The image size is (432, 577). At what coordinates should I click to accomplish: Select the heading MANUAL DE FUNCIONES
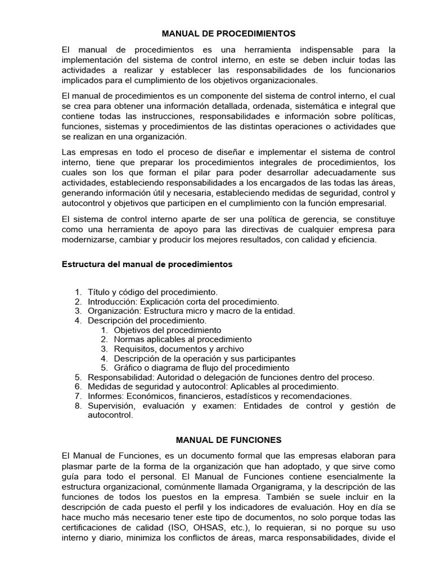tap(229, 439)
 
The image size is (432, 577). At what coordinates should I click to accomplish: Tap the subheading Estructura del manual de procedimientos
tap(146, 264)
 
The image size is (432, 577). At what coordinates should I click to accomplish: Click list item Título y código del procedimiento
tap(152, 292)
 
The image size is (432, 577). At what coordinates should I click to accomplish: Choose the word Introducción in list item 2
tap(113, 301)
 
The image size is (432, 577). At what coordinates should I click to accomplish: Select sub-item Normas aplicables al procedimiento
tap(183, 339)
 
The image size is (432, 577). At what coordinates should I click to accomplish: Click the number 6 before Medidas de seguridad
tap(78, 387)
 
